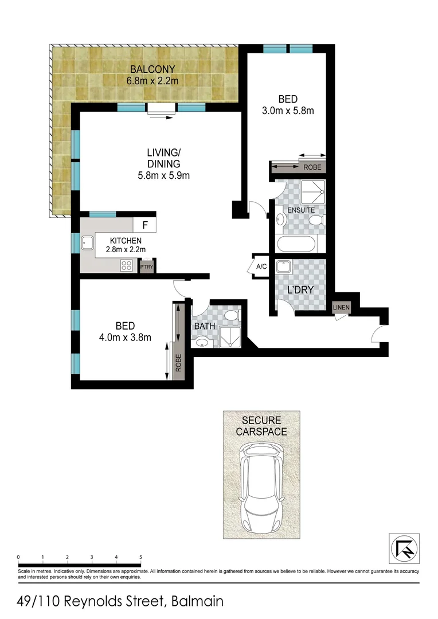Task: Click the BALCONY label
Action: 152,70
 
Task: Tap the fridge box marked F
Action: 144,225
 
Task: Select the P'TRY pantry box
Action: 146,267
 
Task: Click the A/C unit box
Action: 261,267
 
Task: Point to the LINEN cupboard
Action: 341,308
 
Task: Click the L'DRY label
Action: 300,290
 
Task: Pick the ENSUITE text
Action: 300,210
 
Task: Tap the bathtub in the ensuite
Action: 296,244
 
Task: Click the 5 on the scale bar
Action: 140,557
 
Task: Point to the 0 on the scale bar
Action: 18,557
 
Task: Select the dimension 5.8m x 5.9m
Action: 164,176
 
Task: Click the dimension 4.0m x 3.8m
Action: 125,338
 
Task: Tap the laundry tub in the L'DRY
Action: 284,268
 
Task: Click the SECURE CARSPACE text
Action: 261,426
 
